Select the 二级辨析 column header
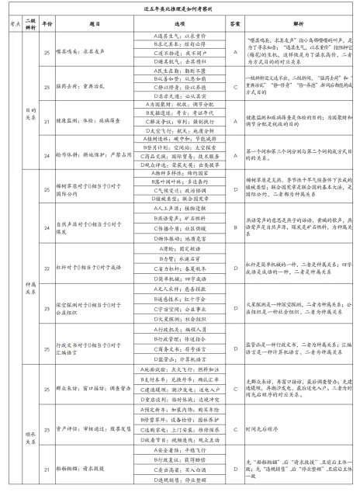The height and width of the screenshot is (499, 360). (32, 26)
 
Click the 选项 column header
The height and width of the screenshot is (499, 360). (172, 26)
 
